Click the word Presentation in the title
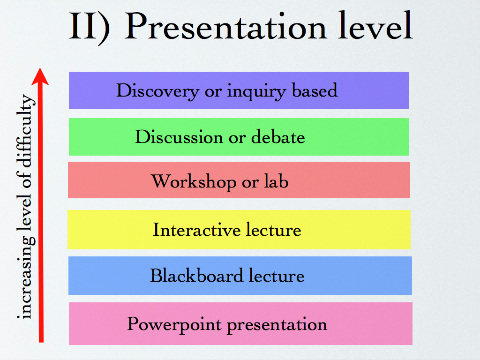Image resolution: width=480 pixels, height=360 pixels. coord(225,26)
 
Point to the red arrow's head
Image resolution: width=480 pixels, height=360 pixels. coord(40,76)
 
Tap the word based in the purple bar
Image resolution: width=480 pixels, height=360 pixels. coord(315,90)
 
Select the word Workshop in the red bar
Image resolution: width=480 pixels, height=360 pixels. coord(194,182)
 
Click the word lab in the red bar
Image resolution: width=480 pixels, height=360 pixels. coord(276,181)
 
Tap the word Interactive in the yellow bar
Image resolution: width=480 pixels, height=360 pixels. coord(196,230)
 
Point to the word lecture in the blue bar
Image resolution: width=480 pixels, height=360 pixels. coord(277,275)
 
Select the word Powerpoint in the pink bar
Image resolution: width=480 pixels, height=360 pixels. coord(174,324)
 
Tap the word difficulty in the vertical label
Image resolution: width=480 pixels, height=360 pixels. coord(26,131)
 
